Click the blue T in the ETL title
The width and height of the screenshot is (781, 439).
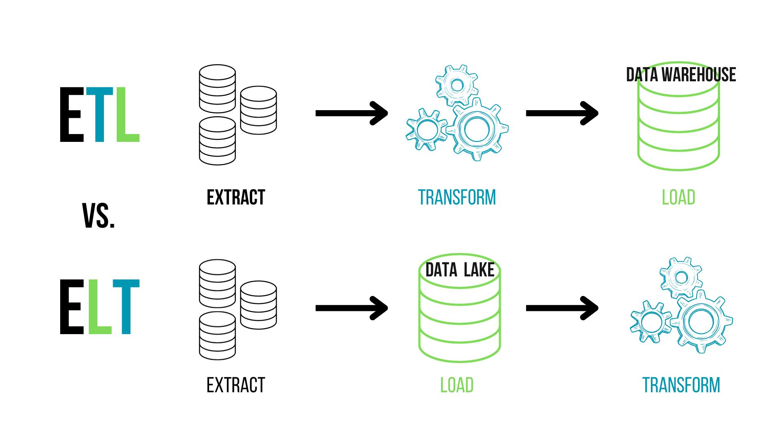pos(100,115)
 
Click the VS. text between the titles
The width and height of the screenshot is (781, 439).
pos(98,215)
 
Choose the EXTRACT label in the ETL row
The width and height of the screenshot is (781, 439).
pos(236,198)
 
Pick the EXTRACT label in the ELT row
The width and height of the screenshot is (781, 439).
pos(236,385)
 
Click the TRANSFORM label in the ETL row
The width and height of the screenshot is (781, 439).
pos(457,198)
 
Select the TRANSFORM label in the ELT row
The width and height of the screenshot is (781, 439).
pos(681,385)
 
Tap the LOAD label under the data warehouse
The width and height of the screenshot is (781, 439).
pos(678,198)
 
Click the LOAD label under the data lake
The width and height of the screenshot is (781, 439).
pos(457,385)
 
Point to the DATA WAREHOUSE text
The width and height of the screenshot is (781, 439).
pos(681,75)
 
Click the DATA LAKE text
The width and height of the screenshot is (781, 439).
pos(460,270)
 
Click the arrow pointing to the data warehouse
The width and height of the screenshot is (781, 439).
pos(562,113)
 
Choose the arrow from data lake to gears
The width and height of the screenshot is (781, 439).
pos(562,308)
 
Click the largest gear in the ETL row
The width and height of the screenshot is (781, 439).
pos(477,129)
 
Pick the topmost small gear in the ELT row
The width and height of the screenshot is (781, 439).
pos(681,278)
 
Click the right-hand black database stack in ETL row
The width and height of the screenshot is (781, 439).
pos(258,110)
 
